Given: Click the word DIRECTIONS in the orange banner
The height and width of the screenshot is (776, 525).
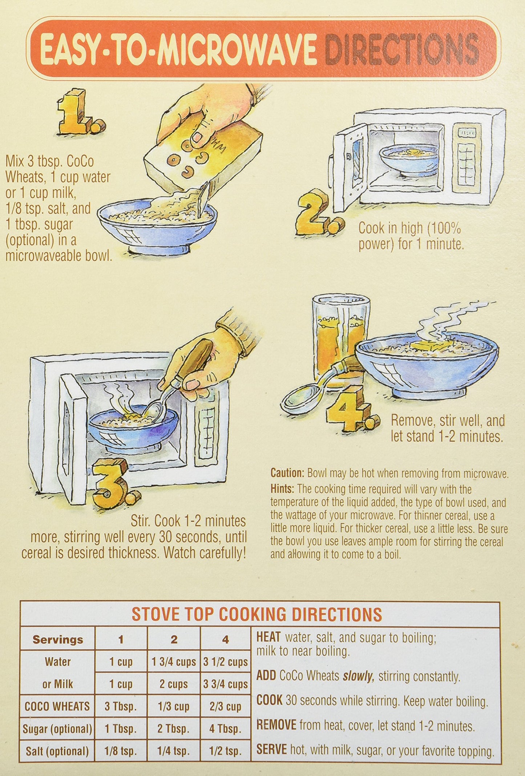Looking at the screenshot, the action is pyautogui.click(x=402, y=49).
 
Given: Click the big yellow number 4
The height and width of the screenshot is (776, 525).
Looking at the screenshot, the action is pyautogui.click(x=352, y=409).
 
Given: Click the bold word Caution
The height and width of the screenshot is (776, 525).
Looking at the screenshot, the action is pyautogui.click(x=287, y=473).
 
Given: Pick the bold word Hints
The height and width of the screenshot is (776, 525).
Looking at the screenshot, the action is pyautogui.click(x=282, y=489).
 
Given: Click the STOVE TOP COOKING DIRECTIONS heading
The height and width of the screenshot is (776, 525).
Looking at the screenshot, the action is pyautogui.click(x=257, y=614).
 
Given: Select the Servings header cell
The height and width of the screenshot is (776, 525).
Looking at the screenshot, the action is pyautogui.click(x=58, y=639).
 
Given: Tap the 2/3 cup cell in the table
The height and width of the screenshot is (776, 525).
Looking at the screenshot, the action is pyautogui.click(x=225, y=707).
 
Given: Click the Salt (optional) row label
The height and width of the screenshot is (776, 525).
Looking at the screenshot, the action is pyautogui.click(x=57, y=751).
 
